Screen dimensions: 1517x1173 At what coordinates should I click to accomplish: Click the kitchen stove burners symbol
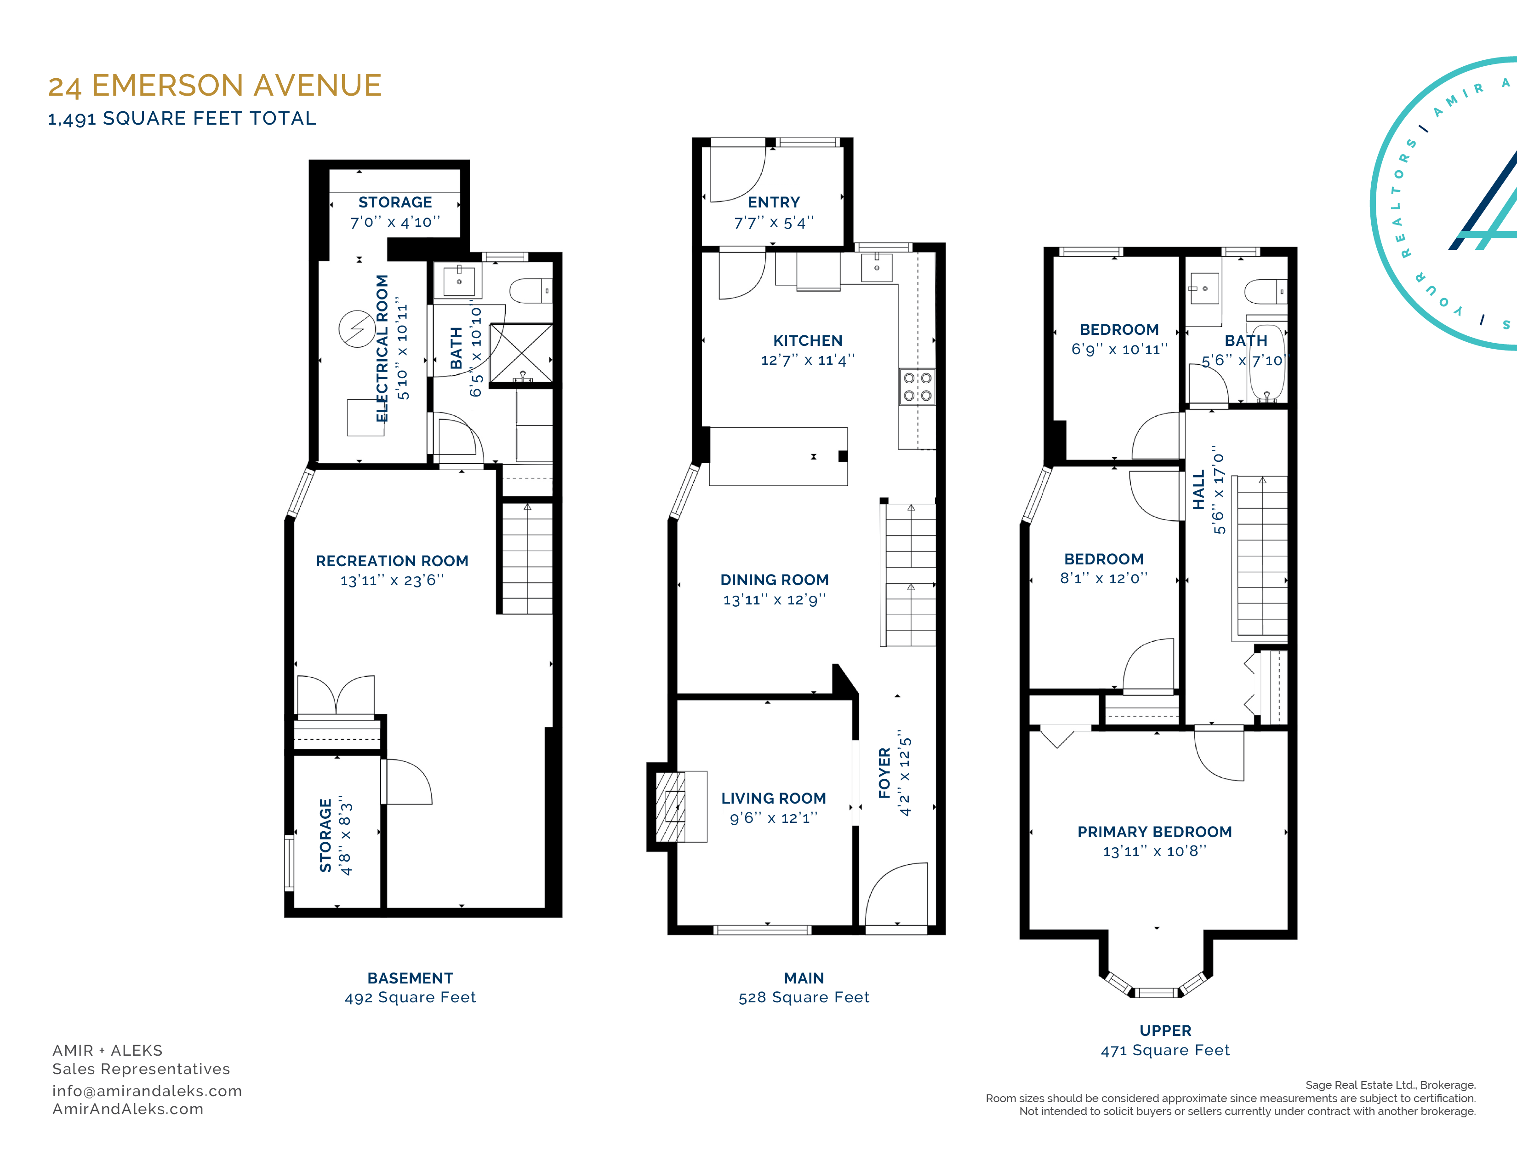click(x=917, y=387)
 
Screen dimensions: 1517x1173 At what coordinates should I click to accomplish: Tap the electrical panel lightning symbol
click(x=357, y=328)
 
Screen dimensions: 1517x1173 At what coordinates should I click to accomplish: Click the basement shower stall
click(x=521, y=353)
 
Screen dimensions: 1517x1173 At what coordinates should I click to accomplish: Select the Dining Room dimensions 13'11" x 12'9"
click(x=775, y=599)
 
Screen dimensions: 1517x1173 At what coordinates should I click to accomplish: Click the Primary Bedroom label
click(x=1154, y=832)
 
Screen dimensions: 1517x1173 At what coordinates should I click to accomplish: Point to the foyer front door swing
click(x=896, y=894)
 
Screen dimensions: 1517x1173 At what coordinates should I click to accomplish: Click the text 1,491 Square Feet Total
click(x=182, y=119)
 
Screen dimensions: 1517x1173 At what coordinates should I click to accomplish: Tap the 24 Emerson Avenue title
click(x=215, y=86)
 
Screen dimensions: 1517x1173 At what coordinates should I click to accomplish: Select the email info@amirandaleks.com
click(x=147, y=1091)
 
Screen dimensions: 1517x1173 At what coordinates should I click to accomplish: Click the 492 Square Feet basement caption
click(x=411, y=997)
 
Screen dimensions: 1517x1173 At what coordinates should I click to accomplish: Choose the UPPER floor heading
click(x=1165, y=1030)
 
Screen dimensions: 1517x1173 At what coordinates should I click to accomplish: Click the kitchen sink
click(x=877, y=267)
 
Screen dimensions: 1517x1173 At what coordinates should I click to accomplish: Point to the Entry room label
click(x=774, y=202)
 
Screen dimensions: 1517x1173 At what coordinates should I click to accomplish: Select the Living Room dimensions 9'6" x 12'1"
click(x=774, y=818)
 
